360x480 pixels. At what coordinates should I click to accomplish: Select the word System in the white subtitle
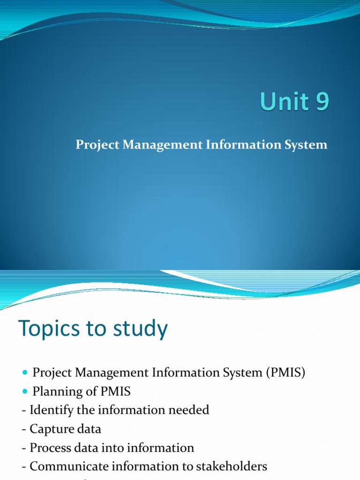[309, 145]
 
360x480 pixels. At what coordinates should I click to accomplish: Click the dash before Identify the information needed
[23, 411]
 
